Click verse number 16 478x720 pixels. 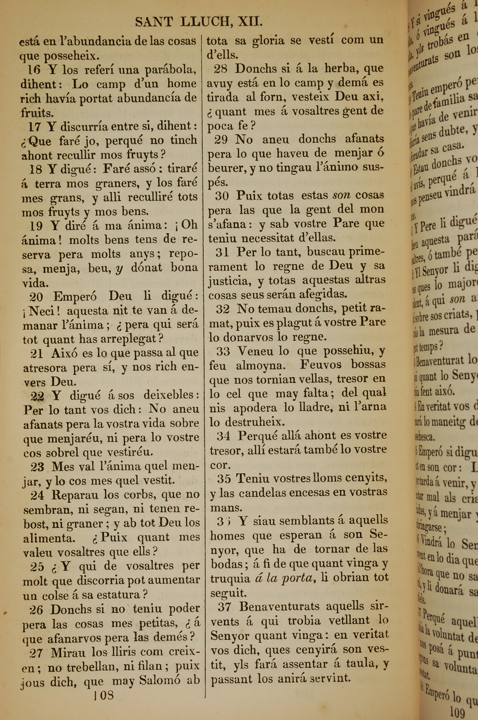coord(34,70)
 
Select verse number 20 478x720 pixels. coord(36,296)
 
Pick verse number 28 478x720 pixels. coord(220,69)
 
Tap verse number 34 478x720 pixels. coord(223,436)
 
